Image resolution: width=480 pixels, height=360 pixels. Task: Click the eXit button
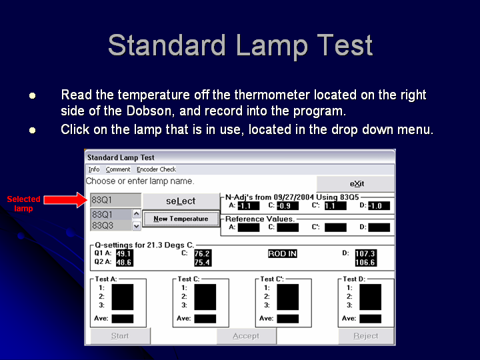355,184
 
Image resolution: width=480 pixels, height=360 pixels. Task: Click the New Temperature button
181,219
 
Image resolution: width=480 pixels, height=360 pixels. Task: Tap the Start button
120,336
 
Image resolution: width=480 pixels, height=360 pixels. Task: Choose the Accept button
246,336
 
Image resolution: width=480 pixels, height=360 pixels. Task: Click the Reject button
366,336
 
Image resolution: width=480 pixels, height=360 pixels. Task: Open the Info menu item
94,169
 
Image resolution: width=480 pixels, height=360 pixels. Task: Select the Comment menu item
118,169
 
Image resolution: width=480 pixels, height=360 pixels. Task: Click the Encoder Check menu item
156,169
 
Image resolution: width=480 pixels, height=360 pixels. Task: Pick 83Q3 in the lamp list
103,225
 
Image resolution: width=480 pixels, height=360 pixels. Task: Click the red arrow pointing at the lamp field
65,200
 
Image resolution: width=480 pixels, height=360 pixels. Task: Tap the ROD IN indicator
282,253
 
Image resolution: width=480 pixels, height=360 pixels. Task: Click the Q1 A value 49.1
124,253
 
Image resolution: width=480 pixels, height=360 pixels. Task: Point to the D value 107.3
365,253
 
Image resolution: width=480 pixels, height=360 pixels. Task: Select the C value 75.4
203,263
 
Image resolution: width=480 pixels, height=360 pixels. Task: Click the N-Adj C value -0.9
287,206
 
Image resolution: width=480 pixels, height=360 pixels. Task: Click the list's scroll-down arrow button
137,226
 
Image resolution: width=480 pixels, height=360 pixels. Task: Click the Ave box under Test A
123,319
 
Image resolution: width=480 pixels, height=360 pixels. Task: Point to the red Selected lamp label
23,203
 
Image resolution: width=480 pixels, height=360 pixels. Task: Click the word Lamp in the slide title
272,46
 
